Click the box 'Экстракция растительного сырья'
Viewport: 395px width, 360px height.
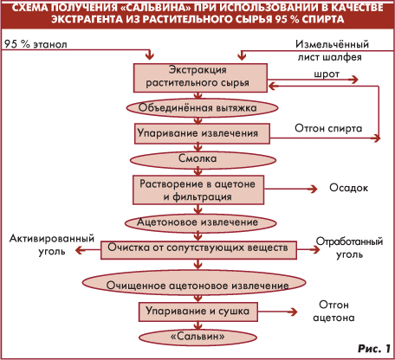click(200, 78)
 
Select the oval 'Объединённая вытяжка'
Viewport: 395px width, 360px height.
click(202, 108)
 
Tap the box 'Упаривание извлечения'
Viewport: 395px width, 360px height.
click(202, 133)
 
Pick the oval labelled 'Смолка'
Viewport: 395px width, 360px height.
click(203, 159)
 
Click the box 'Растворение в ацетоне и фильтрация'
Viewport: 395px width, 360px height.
click(198, 190)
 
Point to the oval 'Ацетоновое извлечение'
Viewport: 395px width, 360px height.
click(200, 222)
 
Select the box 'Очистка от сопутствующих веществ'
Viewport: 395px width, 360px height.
click(198, 250)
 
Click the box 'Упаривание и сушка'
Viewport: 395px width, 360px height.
click(198, 312)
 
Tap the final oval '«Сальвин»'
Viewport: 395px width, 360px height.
click(197, 337)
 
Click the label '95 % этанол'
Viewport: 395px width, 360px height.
click(36, 44)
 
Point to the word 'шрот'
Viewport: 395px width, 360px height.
click(327, 74)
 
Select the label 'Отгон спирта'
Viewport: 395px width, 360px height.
click(328, 128)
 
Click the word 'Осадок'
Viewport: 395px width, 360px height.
click(349, 188)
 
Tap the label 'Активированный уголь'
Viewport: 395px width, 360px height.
click(52, 245)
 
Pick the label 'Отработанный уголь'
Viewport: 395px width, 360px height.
click(349, 247)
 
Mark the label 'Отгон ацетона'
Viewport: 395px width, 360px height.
click(333, 311)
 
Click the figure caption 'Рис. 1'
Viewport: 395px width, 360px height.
click(374, 349)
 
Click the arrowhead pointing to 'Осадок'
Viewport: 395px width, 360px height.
click(313, 189)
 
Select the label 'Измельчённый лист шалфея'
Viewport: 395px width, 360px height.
click(332, 50)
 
